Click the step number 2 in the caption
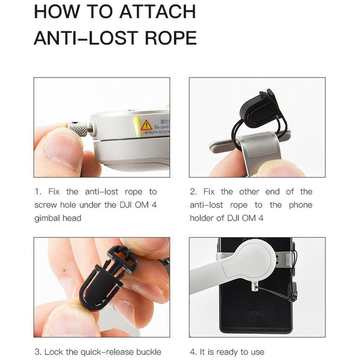tap(193, 191)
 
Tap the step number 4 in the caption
tap(193, 352)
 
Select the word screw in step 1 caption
tap(46, 205)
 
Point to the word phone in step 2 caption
tap(300, 205)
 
